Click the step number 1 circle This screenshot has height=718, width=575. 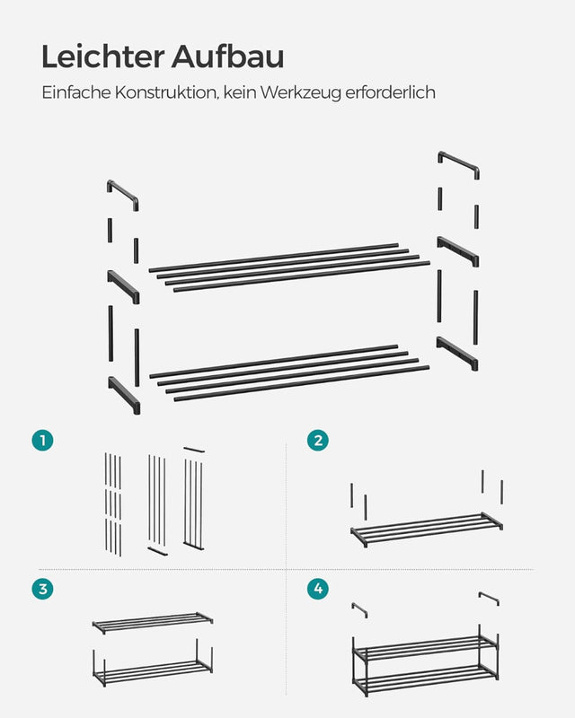[x=41, y=440]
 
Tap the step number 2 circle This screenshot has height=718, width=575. [x=317, y=440]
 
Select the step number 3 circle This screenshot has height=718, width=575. [x=41, y=589]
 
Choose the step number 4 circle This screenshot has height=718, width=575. [x=317, y=589]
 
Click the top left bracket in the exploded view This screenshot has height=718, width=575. [x=123, y=195]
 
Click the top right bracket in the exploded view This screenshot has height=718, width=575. [x=458, y=164]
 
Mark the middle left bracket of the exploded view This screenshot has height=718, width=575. [x=124, y=285]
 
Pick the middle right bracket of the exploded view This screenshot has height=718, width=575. [x=458, y=250]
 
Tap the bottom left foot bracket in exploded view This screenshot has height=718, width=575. [x=124, y=394]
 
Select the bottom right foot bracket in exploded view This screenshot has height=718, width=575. [x=458, y=353]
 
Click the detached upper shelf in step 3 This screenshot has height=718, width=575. [x=153, y=621]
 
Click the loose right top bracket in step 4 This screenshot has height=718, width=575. [x=489, y=598]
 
